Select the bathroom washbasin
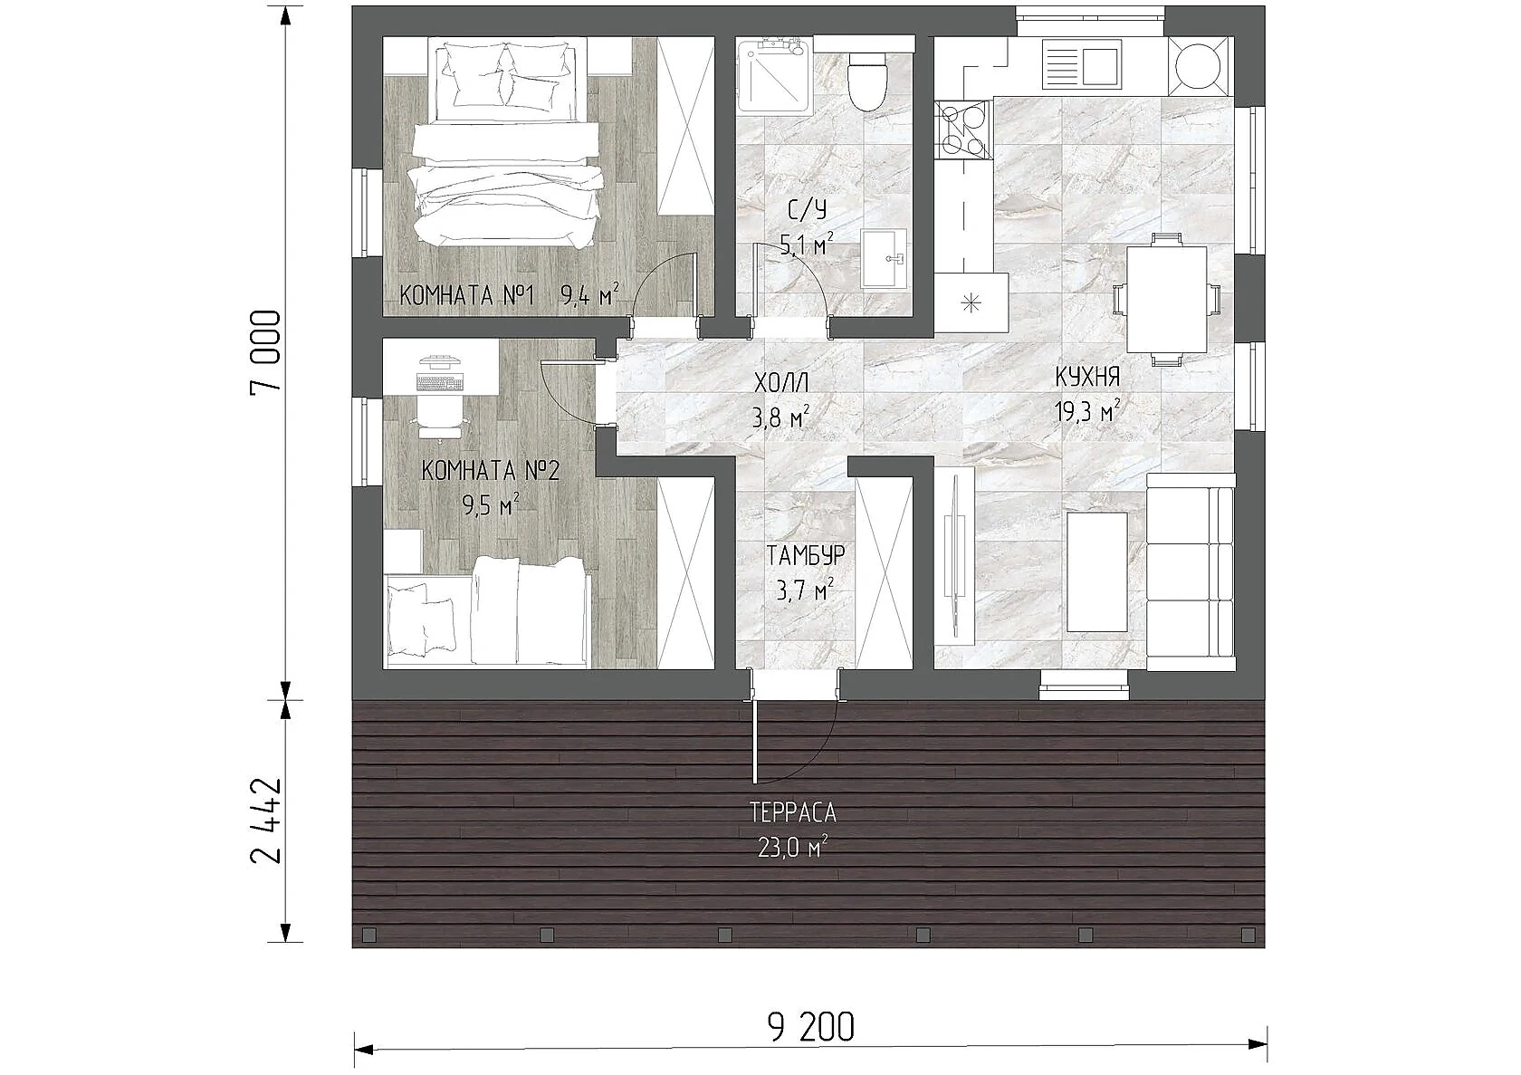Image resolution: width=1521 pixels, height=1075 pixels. [884, 258]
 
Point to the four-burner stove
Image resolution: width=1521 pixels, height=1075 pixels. [963, 129]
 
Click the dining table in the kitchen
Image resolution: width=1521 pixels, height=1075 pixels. [1166, 299]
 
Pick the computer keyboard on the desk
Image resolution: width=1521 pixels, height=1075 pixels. [439, 384]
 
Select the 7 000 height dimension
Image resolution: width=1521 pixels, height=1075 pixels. [265, 354]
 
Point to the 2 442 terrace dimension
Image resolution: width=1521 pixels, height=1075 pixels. [265, 821]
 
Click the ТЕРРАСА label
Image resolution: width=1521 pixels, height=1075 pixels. [793, 813]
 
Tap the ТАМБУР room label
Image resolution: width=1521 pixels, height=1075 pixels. [806, 555]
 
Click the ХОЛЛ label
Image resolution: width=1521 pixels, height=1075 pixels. [781, 383]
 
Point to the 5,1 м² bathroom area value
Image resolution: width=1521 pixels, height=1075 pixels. [807, 243]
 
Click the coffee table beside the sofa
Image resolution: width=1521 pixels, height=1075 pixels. [1096, 572]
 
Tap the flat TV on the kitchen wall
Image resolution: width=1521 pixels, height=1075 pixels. [956, 556]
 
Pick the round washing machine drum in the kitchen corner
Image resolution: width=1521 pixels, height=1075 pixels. [1198, 66]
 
